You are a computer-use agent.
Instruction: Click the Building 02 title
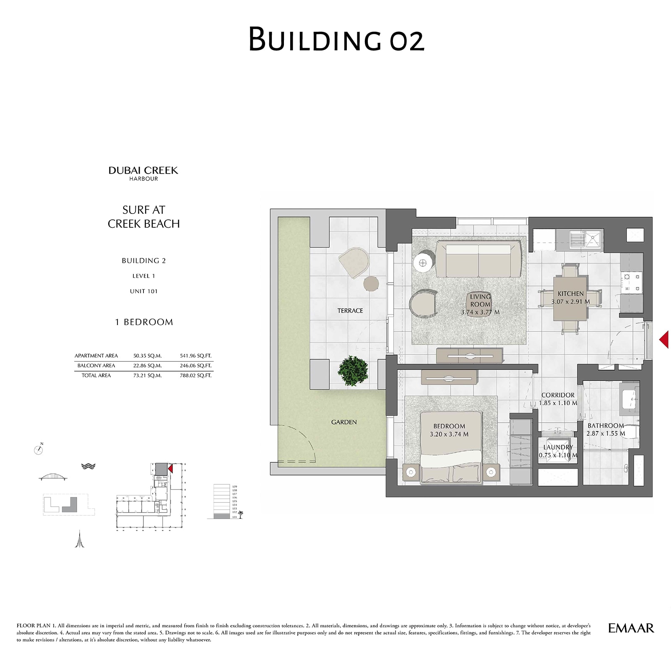point(336,39)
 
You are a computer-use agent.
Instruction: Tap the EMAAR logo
point(631,628)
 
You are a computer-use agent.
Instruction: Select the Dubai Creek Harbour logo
point(143,173)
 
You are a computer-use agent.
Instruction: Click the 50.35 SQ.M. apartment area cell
point(147,356)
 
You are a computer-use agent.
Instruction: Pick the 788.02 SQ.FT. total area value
point(195,375)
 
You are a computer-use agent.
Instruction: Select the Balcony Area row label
point(96,366)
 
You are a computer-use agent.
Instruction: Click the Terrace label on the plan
point(350,311)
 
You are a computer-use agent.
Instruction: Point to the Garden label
point(344,422)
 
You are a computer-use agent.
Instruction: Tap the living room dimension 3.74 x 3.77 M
point(480,312)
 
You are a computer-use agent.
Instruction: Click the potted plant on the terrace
point(353,370)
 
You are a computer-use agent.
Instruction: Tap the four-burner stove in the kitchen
point(632,282)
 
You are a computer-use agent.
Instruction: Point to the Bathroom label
point(606,426)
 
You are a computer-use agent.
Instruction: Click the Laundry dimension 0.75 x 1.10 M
point(558,455)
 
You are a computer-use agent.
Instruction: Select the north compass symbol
point(38,450)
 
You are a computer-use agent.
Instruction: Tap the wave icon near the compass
point(88,466)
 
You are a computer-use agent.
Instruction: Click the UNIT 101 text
point(143,291)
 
